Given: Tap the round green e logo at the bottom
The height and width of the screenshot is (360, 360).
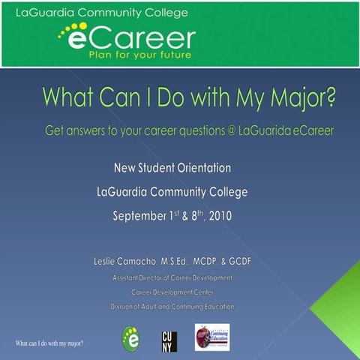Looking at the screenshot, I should pyautogui.click(x=130, y=338).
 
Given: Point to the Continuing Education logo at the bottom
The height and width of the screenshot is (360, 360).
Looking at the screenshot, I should pyautogui.click(x=211, y=337).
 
